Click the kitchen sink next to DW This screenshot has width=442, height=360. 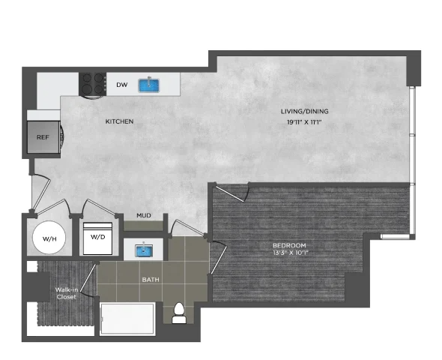click(149, 85)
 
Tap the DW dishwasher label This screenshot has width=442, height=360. click(122, 85)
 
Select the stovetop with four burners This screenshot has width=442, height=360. click(92, 84)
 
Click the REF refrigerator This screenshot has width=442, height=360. click(43, 137)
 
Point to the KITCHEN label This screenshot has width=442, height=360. click(119, 121)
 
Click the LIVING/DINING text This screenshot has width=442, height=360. click(304, 112)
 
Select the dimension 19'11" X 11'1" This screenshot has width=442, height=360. click(304, 122)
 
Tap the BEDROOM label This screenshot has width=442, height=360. click(289, 245)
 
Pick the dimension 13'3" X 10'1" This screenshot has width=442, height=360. click(289, 253)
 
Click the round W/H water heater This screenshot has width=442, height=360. click(49, 238)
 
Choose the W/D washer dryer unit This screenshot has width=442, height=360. click(98, 238)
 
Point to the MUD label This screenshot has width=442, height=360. click(144, 215)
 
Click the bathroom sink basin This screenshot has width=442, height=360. click(144, 250)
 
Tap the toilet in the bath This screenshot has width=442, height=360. click(179, 313)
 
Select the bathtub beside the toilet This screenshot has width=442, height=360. click(127, 319)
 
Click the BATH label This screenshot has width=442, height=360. click(151, 280)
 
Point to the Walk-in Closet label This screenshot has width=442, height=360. click(67, 293)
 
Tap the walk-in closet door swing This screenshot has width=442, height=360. click(88, 279)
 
